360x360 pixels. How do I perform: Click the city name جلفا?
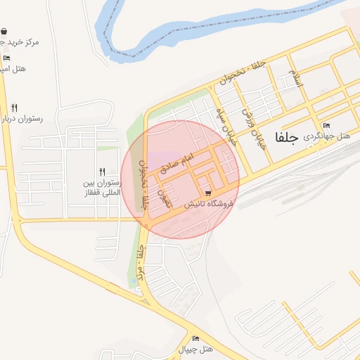coord(288,138)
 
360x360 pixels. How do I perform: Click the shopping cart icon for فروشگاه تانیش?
coord(208,193)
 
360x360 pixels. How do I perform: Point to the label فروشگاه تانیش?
coord(208,204)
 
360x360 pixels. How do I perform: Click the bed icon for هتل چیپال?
coord(195,338)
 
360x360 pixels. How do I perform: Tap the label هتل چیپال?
coord(195,349)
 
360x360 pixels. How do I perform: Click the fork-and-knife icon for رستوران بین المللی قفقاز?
coord(103,172)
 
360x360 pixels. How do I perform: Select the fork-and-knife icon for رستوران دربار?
coord(14,108)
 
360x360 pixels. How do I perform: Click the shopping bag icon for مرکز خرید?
coord(5,32)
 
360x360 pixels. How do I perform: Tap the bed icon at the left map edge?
coord(6,58)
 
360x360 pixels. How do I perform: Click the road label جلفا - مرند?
coord(143,269)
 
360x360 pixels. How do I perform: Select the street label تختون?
coord(167,196)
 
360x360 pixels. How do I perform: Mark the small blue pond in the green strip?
coord(134,283)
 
